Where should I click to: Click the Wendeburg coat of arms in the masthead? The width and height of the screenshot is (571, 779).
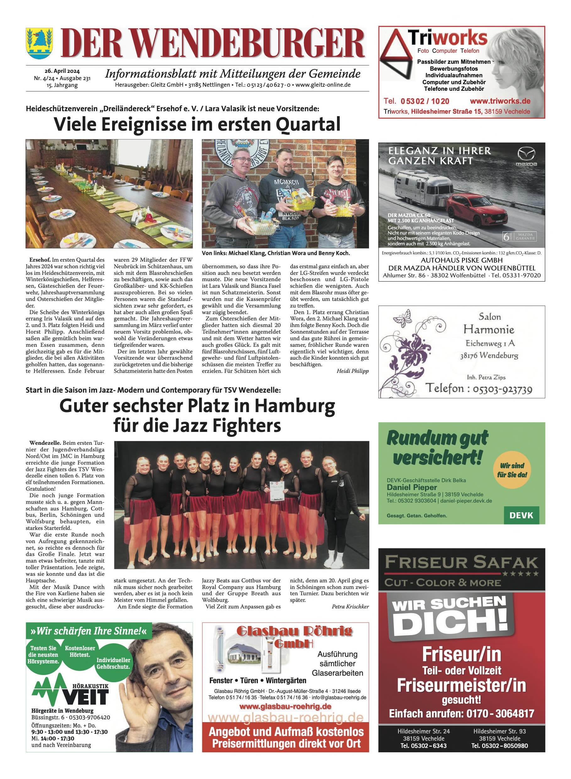(39, 44)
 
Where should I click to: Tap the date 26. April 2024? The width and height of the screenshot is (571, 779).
(62, 71)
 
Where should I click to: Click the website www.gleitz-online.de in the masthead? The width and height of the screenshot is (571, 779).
(323, 85)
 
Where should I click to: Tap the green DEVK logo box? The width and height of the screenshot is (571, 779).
(521, 515)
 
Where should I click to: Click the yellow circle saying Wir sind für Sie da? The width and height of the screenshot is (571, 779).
(512, 470)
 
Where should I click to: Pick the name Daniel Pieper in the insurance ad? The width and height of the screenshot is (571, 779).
(412, 487)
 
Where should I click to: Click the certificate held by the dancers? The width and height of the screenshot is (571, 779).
(276, 491)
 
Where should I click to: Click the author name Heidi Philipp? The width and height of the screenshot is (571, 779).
(352, 371)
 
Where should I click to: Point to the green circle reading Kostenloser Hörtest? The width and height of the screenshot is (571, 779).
(80, 651)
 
